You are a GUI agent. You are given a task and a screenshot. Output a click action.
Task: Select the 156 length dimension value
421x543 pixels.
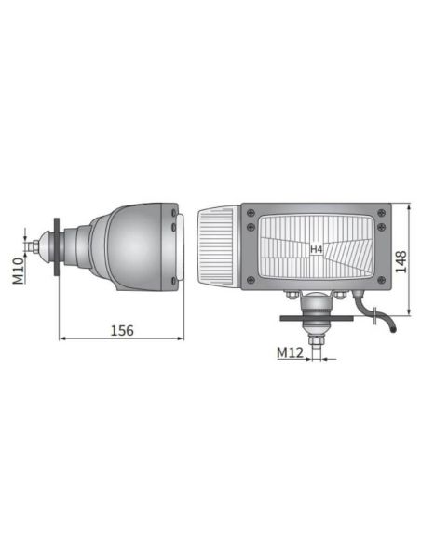pos(122,330)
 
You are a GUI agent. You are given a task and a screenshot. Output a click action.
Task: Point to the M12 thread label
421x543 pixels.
pos(290,352)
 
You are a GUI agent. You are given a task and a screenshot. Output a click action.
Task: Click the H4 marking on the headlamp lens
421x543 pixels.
pos(316,249)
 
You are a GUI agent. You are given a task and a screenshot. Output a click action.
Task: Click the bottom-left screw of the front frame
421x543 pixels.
pos(250,279)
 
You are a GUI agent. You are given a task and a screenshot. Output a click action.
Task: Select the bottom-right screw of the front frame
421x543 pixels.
pos(380,279)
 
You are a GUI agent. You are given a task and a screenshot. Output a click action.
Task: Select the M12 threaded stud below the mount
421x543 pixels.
pos(318,344)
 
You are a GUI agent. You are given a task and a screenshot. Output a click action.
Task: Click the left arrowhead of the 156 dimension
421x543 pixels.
pos(62,338)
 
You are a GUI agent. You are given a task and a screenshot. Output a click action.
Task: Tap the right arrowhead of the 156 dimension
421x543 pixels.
pos(182,338)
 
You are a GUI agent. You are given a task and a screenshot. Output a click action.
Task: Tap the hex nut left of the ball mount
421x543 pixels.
pos(292,297)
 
